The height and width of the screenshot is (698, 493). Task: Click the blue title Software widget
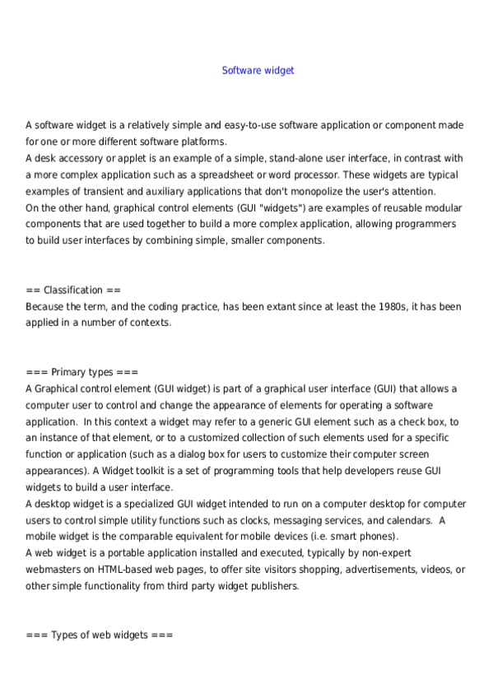pos(258,71)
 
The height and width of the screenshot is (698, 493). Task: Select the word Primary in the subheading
pos(69,372)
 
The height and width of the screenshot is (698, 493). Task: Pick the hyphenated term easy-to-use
pos(235,125)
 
